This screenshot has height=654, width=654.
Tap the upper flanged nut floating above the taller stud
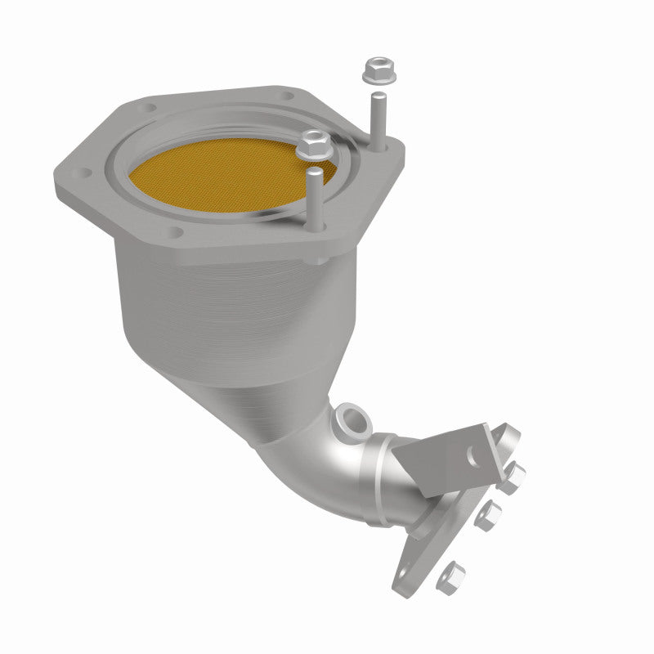pos(377,70)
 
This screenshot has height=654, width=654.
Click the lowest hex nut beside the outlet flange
pos(450,577)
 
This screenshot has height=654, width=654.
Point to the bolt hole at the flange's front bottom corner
pos(176,232)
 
